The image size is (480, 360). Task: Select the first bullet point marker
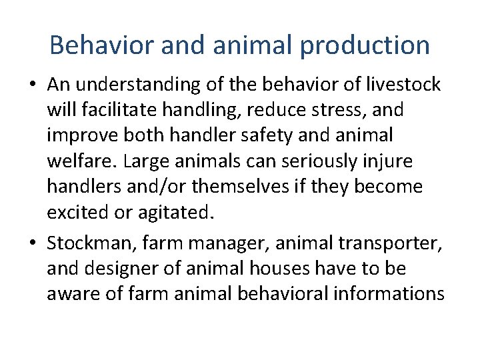33,85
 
